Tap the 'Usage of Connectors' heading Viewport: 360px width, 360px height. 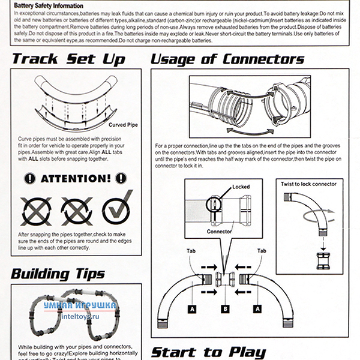click(x=227, y=59)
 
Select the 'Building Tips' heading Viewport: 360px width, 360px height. click(x=58, y=274)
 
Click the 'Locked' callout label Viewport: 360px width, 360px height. click(x=240, y=188)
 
